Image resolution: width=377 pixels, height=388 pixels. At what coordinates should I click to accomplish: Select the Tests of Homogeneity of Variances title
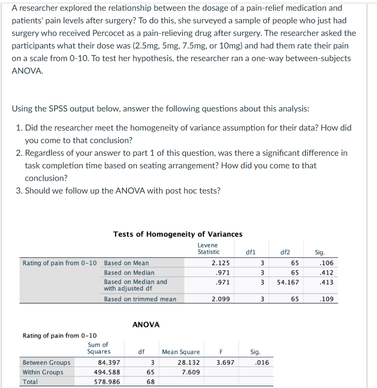178,234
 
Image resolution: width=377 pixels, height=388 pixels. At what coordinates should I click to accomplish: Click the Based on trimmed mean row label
140,299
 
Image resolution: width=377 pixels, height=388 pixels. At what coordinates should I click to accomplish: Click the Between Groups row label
47,362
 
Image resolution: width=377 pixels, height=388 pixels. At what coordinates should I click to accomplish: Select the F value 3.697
225,362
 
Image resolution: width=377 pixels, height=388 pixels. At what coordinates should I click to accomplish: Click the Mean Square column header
181,352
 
